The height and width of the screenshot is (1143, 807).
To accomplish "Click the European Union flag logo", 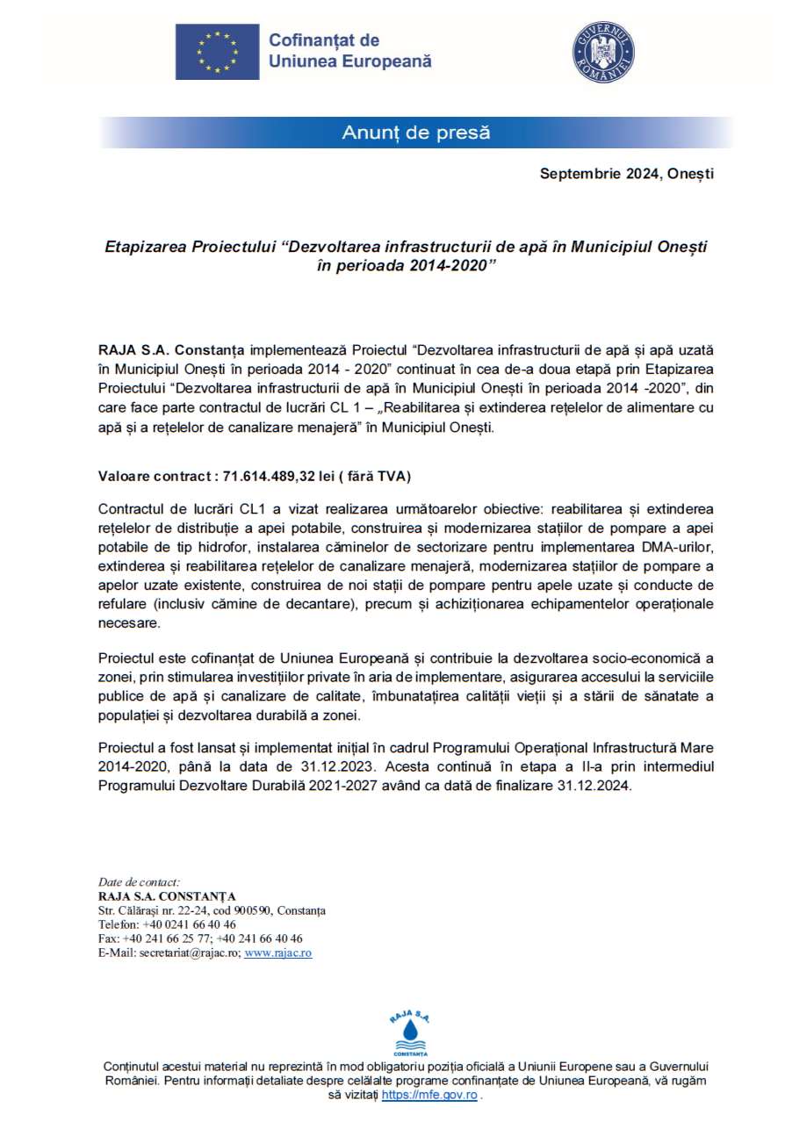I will (217, 52).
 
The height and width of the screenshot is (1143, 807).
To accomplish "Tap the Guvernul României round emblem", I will (603, 53).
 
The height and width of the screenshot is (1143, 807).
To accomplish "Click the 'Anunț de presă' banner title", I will (415, 133).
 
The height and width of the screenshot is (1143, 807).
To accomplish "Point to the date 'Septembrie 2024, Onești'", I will (626, 173).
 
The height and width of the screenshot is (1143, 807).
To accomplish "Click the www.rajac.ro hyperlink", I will (278, 952).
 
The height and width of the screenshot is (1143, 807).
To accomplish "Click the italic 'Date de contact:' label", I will (139, 881).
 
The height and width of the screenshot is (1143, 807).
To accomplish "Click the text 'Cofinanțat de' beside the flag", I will (323, 40).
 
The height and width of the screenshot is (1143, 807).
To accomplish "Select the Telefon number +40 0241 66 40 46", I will (189, 924).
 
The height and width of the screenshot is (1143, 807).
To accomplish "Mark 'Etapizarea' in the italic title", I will (143, 248).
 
